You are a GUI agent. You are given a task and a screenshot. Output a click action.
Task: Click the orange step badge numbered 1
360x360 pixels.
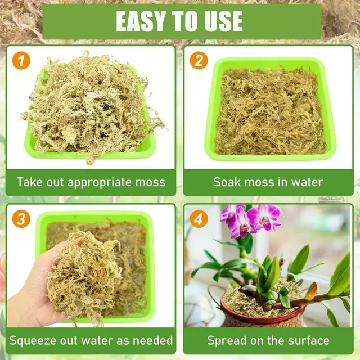pos(21,60)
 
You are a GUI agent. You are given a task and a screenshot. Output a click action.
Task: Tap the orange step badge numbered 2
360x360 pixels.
pos(198,60)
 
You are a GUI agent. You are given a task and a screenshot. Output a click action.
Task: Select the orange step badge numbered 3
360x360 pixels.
pos(21,219)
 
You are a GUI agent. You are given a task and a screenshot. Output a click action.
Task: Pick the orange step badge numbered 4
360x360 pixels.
pos(198,219)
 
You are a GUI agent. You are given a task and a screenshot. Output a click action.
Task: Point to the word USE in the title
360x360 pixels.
pos(222,21)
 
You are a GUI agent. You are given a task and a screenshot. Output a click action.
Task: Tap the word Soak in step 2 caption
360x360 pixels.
pos(226,182)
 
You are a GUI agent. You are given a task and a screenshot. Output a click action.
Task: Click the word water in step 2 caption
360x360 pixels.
pos(307,182)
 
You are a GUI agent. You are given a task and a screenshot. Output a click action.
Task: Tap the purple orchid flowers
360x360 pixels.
pos(250,219)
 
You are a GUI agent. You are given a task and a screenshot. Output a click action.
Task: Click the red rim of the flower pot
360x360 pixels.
pos(225,308)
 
